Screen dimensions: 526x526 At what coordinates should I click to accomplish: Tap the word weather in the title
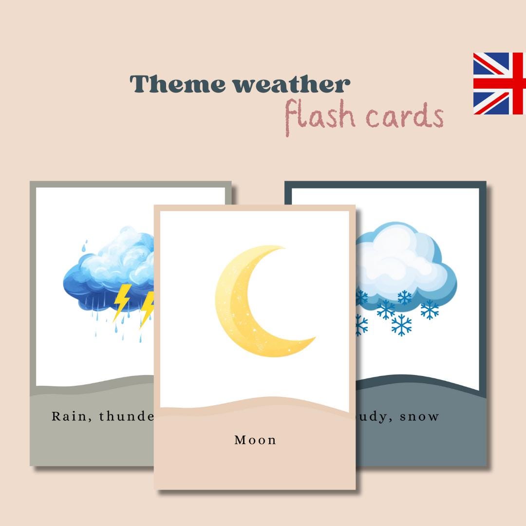291,84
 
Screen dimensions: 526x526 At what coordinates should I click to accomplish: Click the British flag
499,84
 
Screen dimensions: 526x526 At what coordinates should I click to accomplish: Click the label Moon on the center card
255,440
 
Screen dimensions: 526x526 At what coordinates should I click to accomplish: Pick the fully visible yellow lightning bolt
121,302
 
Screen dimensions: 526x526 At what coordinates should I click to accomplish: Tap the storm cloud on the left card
110,275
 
